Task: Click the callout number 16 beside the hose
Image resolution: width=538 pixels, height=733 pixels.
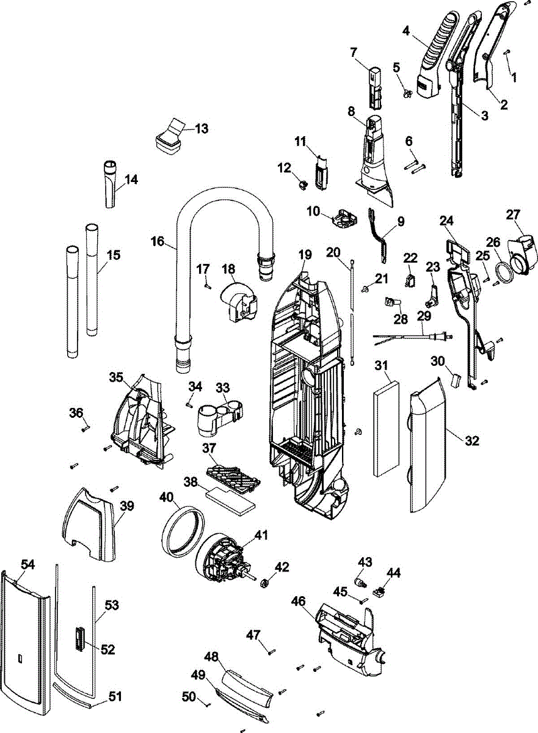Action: tap(157, 241)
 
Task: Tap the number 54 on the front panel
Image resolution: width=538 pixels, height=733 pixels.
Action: tap(27, 565)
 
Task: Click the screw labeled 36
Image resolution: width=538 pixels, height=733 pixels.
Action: tap(85, 428)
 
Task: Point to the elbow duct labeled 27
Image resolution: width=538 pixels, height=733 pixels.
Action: tap(523, 250)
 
